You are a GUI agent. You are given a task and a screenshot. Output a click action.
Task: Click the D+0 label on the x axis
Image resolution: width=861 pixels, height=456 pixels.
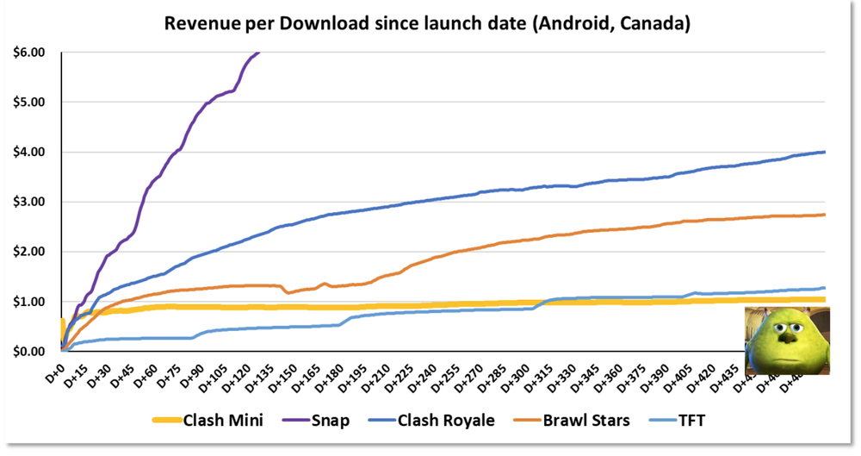pyautogui.click(x=54, y=369)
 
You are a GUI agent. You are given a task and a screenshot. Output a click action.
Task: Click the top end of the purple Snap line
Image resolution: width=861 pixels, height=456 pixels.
pyautogui.click(x=259, y=53)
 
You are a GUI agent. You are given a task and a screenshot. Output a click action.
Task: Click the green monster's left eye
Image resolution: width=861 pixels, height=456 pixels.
pyautogui.click(x=774, y=326)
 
